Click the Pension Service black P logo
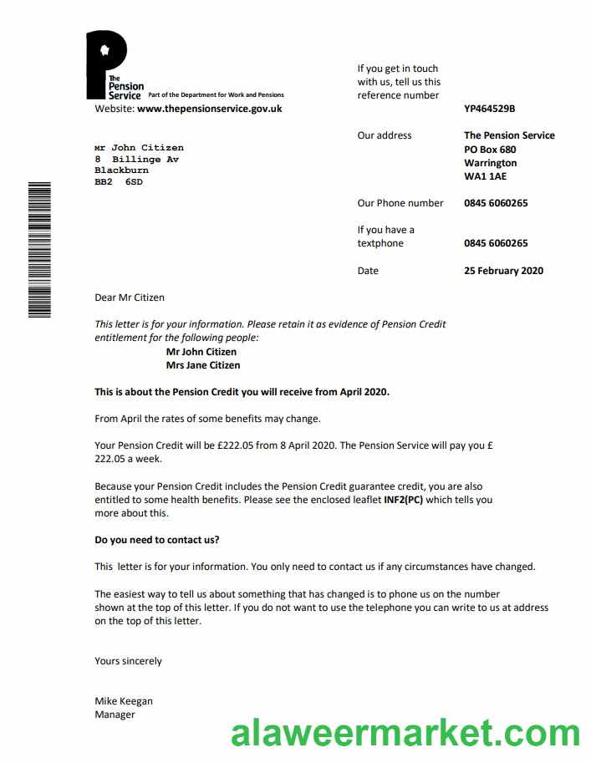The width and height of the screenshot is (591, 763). pyautogui.click(x=106, y=64)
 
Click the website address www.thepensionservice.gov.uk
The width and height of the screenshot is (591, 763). pyautogui.click(x=209, y=109)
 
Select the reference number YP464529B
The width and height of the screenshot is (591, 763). pyautogui.click(x=490, y=109)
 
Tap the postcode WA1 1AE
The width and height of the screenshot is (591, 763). pyautogui.click(x=485, y=177)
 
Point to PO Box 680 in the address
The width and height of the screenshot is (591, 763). pyautogui.click(x=490, y=150)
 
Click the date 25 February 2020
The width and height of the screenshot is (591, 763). pyautogui.click(x=503, y=271)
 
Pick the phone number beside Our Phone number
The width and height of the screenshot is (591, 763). pyautogui.click(x=496, y=203)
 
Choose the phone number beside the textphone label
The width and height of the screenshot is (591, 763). pyautogui.click(x=496, y=244)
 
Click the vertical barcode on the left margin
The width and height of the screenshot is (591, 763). pyautogui.click(x=39, y=249)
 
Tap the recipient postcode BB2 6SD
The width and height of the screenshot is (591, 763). pyautogui.click(x=119, y=181)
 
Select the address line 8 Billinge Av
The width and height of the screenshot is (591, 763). pyautogui.click(x=136, y=159)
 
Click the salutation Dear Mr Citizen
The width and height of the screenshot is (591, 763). pyautogui.click(x=130, y=298)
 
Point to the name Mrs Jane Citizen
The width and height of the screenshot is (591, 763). pyautogui.click(x=203, y=365)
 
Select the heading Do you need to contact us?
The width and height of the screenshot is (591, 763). pyautogui.click(x=157, y=540)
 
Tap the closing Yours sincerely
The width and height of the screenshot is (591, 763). pyautogui.click(x=128, y=661)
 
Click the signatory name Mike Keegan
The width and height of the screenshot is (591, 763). pyautogui.click(x=124, y=701)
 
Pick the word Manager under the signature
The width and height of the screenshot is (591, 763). pyautogui.click(x=115, y=715)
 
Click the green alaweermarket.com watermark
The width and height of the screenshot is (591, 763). pyautogui.click(x=405, y=734)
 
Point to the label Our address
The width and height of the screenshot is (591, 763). pyautogui.click(x=385, y=135)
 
